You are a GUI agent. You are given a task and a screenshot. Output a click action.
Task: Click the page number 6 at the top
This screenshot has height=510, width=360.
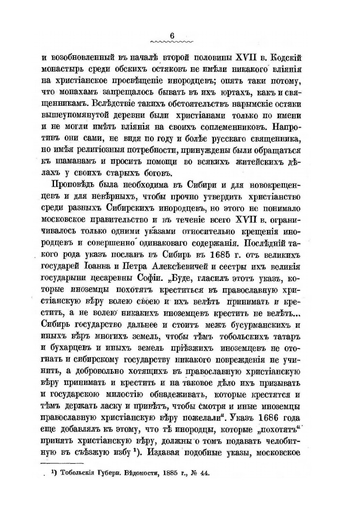pyautogui.click(x=172, y=36)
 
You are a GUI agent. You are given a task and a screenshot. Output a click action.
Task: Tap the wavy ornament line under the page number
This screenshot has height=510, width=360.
pyautogui.click(x=172, y=42)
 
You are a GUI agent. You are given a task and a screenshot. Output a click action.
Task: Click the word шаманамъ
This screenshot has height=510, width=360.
pyautogui.click(x=72, y=161)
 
